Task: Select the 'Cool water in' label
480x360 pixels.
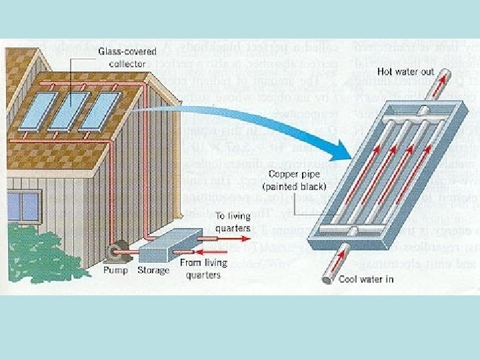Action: pyautogui.click(x=365, y=279)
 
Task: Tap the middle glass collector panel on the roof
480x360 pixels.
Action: pyautogui.click(x=71, y=110)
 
